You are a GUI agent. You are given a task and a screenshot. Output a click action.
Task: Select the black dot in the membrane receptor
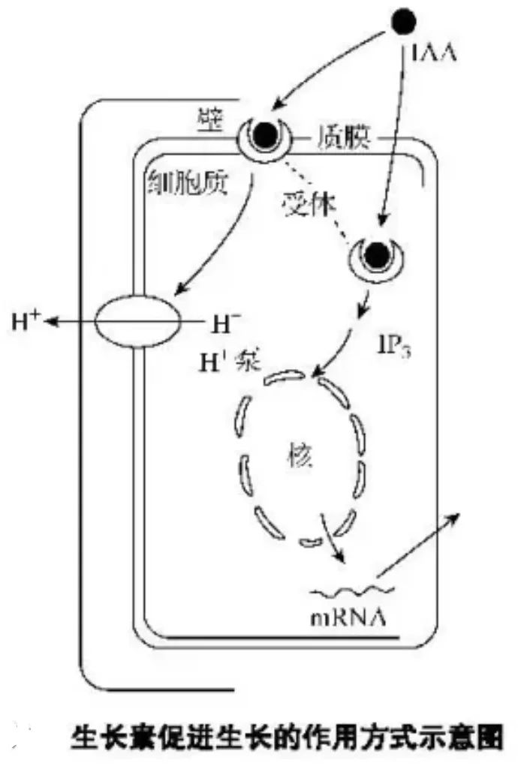pyautogui.click(x=263, y=135)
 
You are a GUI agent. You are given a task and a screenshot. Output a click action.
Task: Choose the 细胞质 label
pyautogui.click(x=185, y=179)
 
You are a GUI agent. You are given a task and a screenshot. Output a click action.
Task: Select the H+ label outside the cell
pyautogui.click(x=25, y=323)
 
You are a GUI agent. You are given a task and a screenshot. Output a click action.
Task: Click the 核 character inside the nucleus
pyautogui.click(x=300, y=454)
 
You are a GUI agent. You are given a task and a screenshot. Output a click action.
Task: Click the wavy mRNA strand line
pyautogui.click(x=342, y=593)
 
